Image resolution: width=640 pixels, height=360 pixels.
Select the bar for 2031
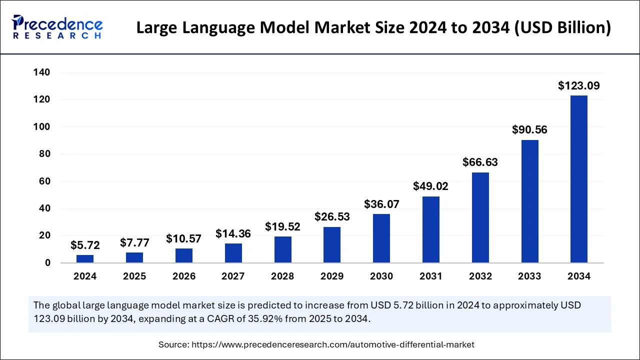430,229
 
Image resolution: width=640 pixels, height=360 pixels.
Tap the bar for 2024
85,258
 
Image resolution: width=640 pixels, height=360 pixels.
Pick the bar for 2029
332,244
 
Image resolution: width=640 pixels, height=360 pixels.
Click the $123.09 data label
578,85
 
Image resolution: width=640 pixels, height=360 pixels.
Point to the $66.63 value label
480,162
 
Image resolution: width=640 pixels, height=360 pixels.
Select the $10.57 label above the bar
183,239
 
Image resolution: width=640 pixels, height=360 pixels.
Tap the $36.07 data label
381,204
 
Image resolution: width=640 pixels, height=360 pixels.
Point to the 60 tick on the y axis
44,181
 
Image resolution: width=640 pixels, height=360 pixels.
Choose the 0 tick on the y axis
47,263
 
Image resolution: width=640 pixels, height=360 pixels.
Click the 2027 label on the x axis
233,276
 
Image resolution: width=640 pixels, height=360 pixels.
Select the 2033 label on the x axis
529,276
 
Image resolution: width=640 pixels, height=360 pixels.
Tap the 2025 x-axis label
134,276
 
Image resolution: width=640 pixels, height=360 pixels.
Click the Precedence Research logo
57,27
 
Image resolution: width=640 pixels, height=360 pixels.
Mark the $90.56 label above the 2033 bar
529,130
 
